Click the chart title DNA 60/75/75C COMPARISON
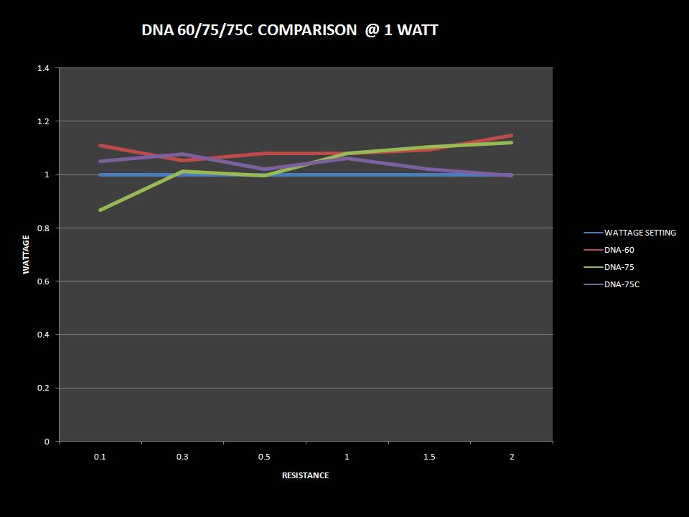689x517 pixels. (289, 30)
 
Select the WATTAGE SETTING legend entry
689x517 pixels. (639, 233)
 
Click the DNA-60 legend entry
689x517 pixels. (619, 250)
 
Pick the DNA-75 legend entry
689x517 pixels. (619, 267)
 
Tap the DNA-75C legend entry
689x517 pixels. (622, 284)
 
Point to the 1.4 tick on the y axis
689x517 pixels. (43, 68)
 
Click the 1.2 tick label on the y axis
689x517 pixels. (43, 121)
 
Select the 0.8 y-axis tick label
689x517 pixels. (43, 228)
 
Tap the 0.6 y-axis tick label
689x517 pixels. (43, 281)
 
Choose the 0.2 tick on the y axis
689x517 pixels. (43, 388)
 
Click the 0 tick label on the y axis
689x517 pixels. (47, 442)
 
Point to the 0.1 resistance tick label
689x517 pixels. (100, 457)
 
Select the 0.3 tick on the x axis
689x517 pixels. (182, 457)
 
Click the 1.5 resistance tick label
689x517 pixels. (429, 457)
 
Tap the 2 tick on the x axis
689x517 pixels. (512, 457)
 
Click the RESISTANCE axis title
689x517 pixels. (306, 475)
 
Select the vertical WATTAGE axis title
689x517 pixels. (27, 255)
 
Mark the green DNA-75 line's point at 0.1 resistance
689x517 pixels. (100, 210)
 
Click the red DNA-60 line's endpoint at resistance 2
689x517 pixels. (512, 136)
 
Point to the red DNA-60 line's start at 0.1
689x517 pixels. (100, 145)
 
